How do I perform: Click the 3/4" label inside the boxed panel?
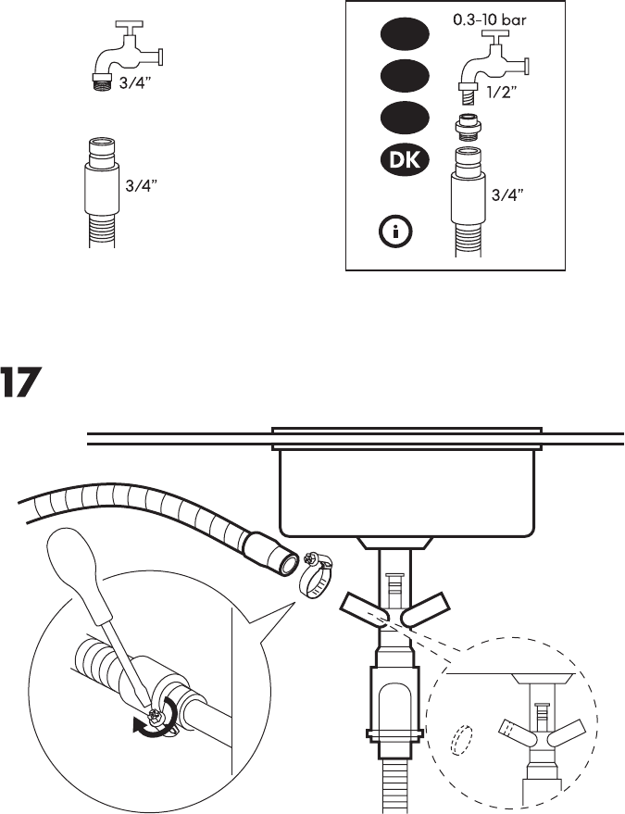tap(507, 195)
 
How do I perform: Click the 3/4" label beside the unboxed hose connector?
tap(142, 185)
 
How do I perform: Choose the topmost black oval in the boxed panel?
tap(403, 35)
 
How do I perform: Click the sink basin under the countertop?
tap(407, 491)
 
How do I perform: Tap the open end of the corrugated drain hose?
tap(283, 557)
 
